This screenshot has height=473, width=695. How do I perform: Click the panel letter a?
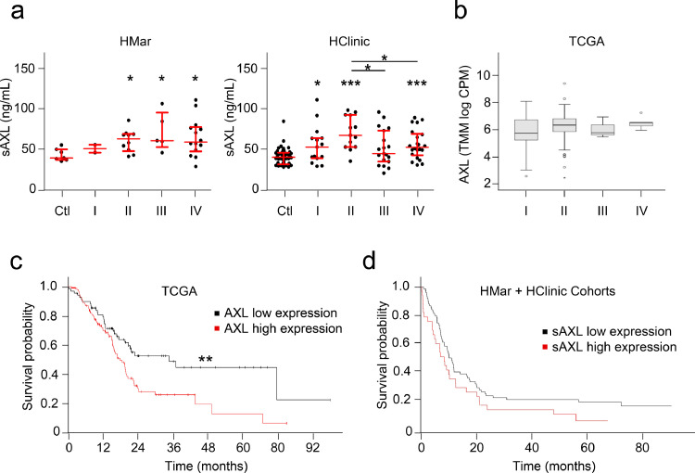click(x=10, y=11)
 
